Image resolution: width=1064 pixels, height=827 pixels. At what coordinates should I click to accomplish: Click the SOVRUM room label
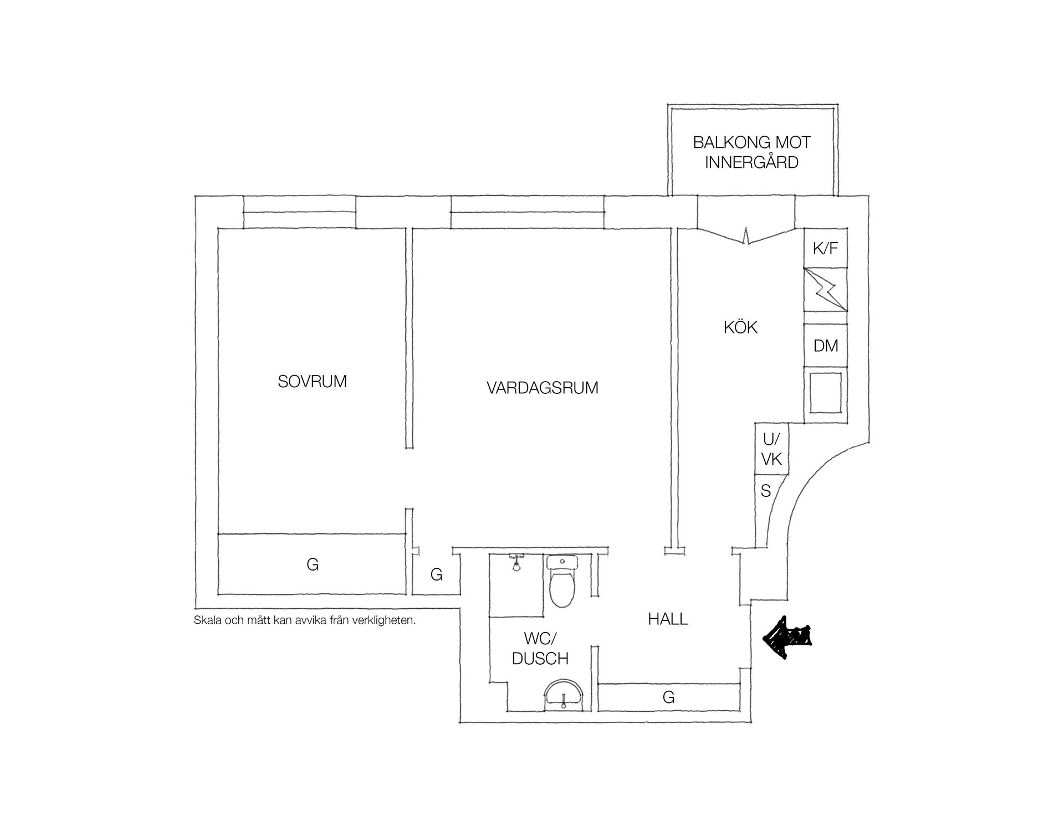point(313,382)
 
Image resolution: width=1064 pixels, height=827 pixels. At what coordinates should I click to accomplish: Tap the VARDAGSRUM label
point(543,388)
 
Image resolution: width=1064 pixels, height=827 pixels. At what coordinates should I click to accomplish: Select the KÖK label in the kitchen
point(740,327)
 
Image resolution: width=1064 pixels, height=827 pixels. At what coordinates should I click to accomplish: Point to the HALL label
point(668,619)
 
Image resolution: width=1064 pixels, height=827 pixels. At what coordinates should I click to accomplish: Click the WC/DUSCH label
point(540,649)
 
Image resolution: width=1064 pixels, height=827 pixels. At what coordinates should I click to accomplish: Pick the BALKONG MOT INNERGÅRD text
point(752,152)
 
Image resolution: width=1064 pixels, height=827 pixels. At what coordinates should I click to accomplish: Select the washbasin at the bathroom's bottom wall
point(563,695)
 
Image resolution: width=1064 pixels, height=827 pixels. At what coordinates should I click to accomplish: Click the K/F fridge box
point(826,248)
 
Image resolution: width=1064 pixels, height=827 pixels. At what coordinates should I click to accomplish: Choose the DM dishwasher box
point(826,346)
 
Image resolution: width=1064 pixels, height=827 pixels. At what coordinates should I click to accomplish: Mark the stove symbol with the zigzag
point(826,290)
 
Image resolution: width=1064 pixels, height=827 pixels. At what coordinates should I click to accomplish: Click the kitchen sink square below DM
point(826,393)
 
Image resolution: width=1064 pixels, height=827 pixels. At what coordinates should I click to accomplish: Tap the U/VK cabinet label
point(771,449)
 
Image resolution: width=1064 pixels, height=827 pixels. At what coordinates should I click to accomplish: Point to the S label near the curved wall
point(766,491)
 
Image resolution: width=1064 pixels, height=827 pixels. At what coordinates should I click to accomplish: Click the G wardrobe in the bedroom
point(313,564)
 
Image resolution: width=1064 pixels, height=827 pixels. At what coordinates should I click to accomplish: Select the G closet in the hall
point(669,697)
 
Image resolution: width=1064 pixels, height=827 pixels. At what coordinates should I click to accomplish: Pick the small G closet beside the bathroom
point(437,575)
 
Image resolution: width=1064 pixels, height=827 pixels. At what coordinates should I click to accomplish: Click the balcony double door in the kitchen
point(746,235)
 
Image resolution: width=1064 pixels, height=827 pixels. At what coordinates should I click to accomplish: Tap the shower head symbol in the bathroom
point(516,562)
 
